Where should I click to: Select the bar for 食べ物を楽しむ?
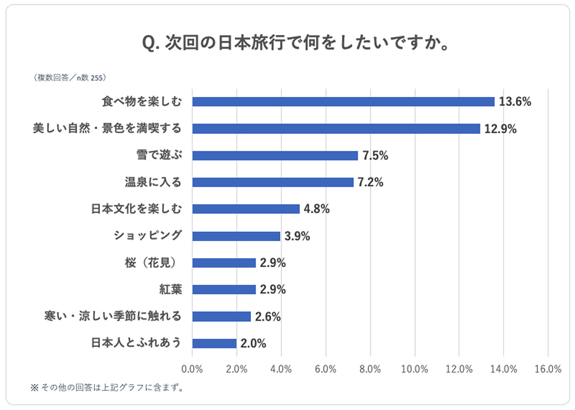[x=343, y=102]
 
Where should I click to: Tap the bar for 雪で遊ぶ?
[x=275, y=155]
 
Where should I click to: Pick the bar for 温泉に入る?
[x=273, y=182]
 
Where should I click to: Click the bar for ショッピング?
[x=236, y=236]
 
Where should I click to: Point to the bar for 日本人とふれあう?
[x=214, y=343]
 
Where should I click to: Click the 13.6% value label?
[x=515, y=102]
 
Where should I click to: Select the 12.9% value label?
[x=500, y=129]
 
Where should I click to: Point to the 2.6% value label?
[x=268, y=316]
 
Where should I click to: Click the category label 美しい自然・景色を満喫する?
[x=107, y=129]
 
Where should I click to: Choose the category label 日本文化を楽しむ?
[x=137, y=209]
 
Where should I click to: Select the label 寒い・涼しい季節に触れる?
[x=113, y=316]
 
